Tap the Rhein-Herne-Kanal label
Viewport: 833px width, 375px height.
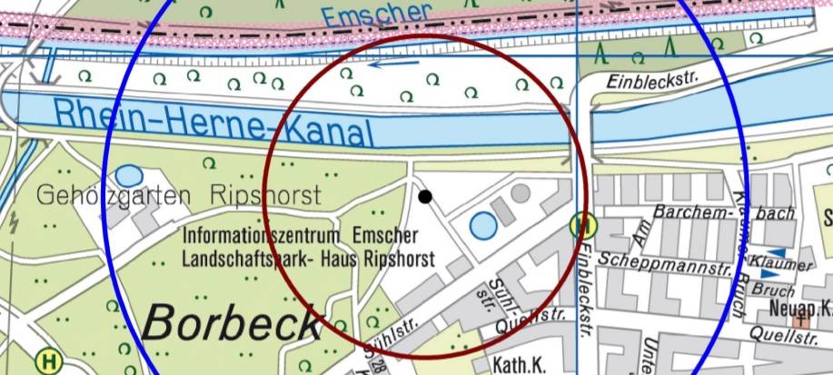tap(213, 122)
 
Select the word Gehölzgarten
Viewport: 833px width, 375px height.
tap(114, 195)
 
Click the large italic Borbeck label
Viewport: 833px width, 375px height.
tap(233, 322)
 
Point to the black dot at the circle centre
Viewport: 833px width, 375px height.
tap(425, 196)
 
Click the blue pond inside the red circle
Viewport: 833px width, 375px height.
tap(483, 224)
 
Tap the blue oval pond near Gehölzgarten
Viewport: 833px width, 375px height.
tap(129, 175)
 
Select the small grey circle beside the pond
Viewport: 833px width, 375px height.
tap(521, 192)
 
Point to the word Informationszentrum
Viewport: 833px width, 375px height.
tap(264, 236)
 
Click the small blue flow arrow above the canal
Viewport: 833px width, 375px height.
tap(387, 63)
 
